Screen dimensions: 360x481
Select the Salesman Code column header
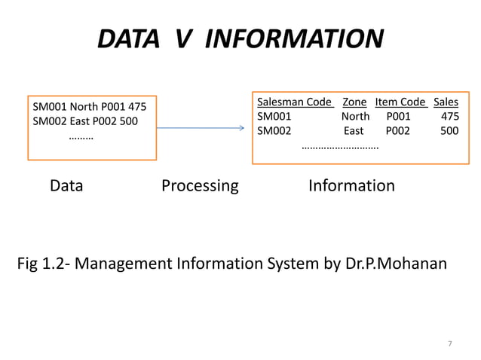294,102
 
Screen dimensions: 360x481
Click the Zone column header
354,102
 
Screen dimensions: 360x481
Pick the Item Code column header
400,102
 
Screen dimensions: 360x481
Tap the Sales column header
446,102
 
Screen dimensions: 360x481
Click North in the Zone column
355,117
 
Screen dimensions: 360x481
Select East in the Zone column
354,130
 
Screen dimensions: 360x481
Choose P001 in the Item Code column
398,117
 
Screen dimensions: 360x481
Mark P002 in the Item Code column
398,130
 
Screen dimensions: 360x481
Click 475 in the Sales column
449,117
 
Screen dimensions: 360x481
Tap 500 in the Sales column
449,130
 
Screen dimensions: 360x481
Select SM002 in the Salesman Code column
274,130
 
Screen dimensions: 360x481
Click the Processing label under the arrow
200,185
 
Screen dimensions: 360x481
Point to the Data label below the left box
66,185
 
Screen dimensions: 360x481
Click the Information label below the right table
351,185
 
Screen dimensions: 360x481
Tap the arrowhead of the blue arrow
240,128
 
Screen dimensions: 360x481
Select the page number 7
450,344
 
